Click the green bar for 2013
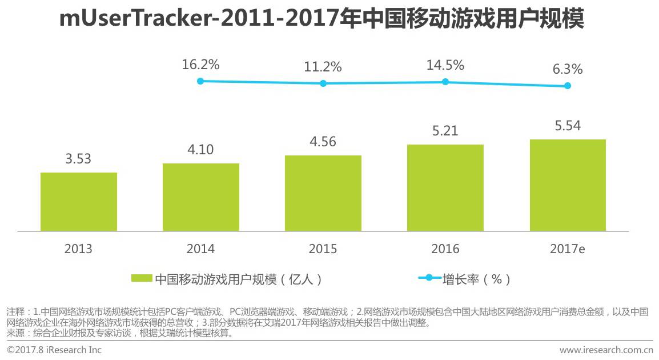79,202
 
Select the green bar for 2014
201,197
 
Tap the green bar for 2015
323,193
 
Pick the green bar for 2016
445,188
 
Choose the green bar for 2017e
568,185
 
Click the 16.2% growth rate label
200,65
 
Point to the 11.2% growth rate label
323,67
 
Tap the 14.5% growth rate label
445,65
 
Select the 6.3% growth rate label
567,70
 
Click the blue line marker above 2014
200,81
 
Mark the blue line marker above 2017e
568,86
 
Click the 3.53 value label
78,159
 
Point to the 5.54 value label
568,126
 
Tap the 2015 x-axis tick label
323,249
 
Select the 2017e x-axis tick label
568,249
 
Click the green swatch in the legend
142,278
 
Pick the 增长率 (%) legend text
476,279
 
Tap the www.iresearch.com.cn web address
606,350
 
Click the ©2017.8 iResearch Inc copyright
54,350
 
